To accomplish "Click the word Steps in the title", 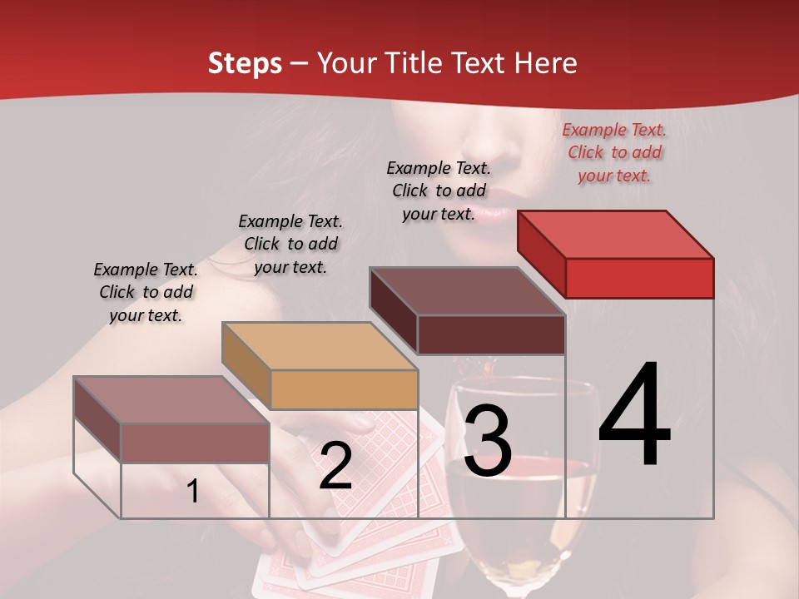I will [244, 63].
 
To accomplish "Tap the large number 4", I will [634, 416].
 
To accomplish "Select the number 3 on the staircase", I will [488, 441].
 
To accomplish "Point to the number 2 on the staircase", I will [335, 467].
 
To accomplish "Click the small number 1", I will [192, 492].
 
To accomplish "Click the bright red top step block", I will [616, 255].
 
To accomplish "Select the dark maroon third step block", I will [468, 311].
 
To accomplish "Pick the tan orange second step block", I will [320, 366].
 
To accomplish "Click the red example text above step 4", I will [614, 152].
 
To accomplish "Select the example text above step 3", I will [439, 191].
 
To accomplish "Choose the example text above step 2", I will [290, 244].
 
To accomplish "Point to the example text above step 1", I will [146, 292].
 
